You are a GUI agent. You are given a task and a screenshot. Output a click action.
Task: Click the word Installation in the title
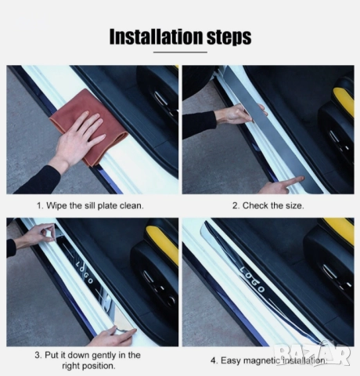click(156, 37)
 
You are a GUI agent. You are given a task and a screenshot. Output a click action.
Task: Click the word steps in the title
click(229, 38)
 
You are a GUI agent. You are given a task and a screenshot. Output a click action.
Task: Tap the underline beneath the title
click(180, 52)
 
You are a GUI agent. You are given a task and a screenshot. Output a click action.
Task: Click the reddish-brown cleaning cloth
click(90, 125)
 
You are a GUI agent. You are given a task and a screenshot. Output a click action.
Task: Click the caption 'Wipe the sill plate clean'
click(95, 206)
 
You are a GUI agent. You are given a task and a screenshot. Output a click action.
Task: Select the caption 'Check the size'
click(273, 206)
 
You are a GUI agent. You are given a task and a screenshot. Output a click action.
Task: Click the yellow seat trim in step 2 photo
click(344, 100)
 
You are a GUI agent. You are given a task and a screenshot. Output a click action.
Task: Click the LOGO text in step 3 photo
click(84, 272)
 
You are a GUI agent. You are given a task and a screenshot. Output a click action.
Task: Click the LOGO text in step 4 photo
click(252, 279)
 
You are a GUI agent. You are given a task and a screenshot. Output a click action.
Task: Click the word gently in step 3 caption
click(104, 356)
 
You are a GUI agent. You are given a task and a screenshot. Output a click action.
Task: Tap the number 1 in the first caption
click(39, 206)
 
